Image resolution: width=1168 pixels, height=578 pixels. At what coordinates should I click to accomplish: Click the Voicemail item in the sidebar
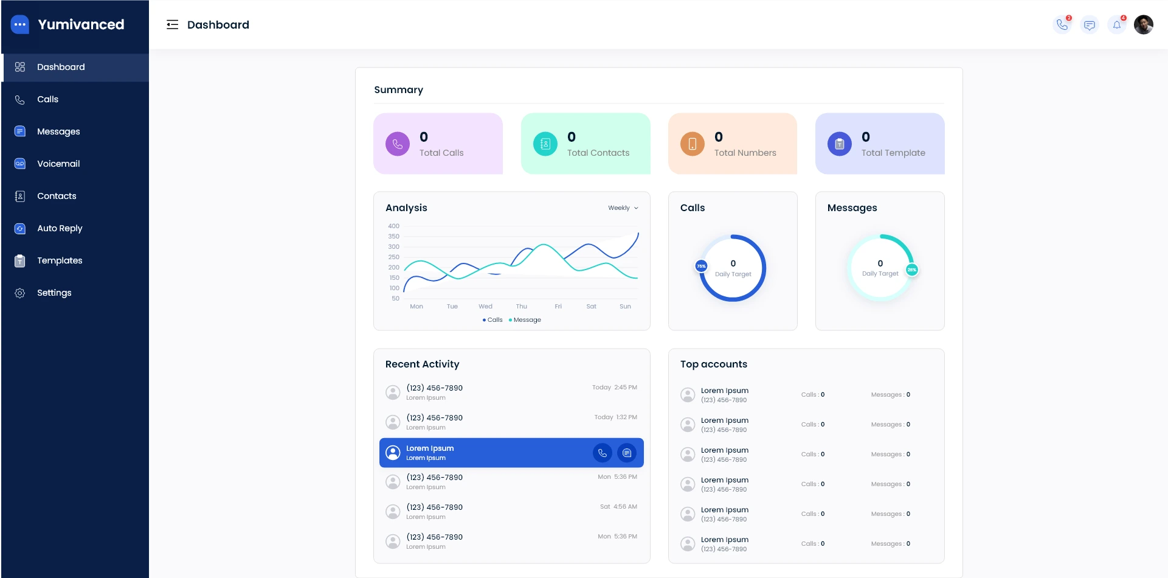[58, 164]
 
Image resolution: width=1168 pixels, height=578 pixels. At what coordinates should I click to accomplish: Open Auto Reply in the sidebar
[59, 228]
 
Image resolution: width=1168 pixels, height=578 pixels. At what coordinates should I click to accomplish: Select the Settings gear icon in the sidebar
[20, 293]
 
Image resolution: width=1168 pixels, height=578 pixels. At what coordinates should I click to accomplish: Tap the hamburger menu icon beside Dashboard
[173, 25]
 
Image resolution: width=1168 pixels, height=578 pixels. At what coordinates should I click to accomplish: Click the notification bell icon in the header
[1117, 25]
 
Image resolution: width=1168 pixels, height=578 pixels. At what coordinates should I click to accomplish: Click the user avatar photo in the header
[1143, 25]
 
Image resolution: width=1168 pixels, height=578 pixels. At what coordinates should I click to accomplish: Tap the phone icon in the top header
[1062, 25]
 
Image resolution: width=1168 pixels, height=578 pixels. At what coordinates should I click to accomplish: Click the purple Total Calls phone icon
[398, 144]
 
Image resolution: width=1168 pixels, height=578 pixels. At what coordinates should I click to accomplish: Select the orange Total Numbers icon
[692, 144]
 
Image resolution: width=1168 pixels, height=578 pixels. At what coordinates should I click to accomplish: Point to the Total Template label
[893, 153]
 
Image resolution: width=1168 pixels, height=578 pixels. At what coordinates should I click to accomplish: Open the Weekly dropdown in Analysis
[623, 208]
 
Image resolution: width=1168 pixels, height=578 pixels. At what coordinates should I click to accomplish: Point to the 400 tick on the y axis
[394, 226]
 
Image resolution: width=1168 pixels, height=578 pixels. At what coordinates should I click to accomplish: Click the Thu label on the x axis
[522, 307]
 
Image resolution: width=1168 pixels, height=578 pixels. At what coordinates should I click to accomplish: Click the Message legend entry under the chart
[525, 320]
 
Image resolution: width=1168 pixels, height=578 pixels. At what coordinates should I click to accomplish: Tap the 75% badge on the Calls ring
[701, 266]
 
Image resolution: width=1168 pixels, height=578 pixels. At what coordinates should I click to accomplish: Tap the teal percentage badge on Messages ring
[911, 270]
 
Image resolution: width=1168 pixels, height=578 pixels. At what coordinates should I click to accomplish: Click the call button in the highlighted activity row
[602, 453]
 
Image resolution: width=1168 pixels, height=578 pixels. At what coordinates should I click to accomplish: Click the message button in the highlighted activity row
[627, 453]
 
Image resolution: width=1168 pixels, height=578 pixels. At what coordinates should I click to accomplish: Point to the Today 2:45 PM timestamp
[614, 388]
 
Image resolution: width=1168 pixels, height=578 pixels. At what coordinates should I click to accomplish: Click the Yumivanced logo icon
[20, 25]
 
